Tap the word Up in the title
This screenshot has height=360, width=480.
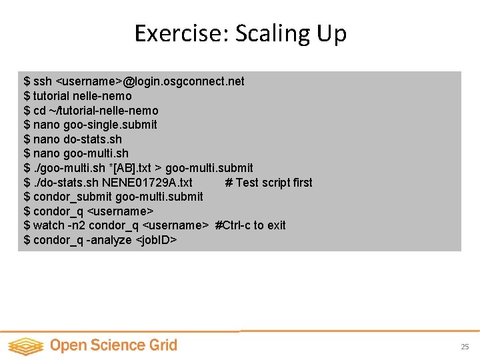pos(331,33)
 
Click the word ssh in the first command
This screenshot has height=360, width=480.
pos(43,81)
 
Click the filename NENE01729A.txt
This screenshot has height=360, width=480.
pos(147,183)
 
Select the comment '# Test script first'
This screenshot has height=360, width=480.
pos(269,183)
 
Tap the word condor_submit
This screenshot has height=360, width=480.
pos(73,197)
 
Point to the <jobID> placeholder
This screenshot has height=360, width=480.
pos(156,240)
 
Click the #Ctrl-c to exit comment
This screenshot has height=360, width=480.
pos(250,225)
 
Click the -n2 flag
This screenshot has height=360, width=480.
pos(77,225)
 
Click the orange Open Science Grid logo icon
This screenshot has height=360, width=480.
pos(25,346)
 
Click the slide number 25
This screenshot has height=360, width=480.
pos(465,347)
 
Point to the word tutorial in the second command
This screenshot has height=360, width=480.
pos(53,96)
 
